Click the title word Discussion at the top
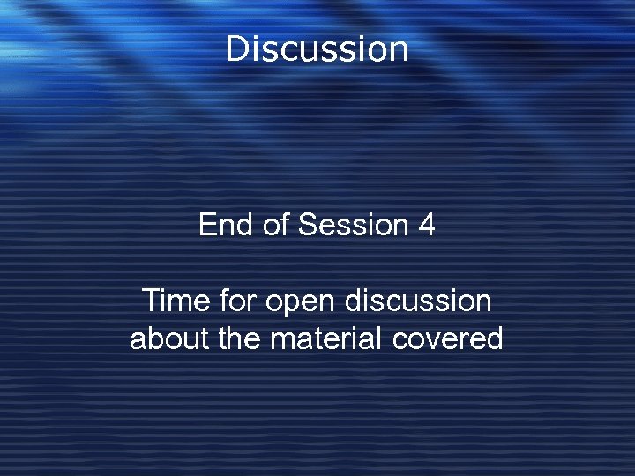[x=317, y=48]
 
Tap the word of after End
[x=276, y=226]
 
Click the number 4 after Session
[x=426, y=226]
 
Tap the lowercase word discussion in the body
[x=418, y=301]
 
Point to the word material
[x=318, y=338]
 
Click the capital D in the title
[x=236, y=48]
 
